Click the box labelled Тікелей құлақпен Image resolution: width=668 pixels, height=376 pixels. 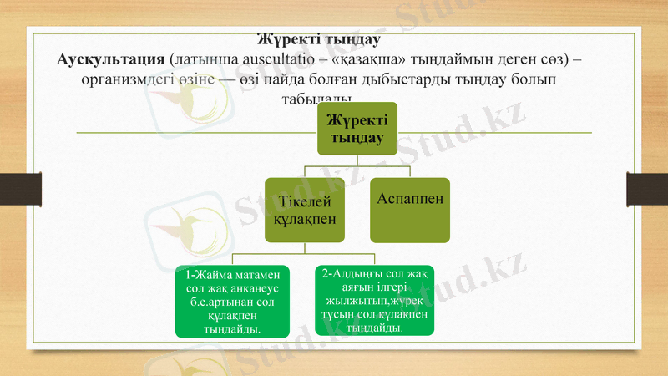pos(305,210)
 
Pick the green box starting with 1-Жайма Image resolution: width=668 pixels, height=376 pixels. pos(231,300)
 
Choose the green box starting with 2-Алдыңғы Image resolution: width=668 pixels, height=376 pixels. pos(375,300)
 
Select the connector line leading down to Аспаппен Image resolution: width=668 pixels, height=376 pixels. pos(410,171)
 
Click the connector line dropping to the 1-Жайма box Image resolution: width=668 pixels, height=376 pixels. pos(232,259)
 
